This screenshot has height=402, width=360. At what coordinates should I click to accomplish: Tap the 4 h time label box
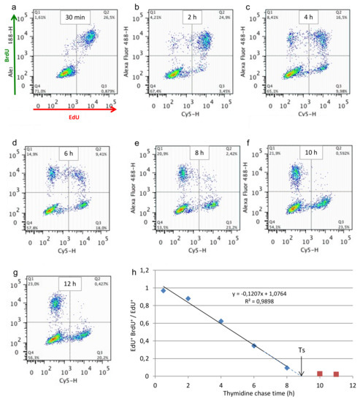(307, 16)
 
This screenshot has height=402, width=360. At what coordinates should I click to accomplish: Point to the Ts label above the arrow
(301, 350)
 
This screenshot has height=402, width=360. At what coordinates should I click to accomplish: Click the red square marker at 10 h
(319, 373)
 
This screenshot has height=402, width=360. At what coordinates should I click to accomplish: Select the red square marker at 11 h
(335, 374)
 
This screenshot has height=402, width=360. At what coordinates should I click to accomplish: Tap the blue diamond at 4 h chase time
(221, 321)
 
